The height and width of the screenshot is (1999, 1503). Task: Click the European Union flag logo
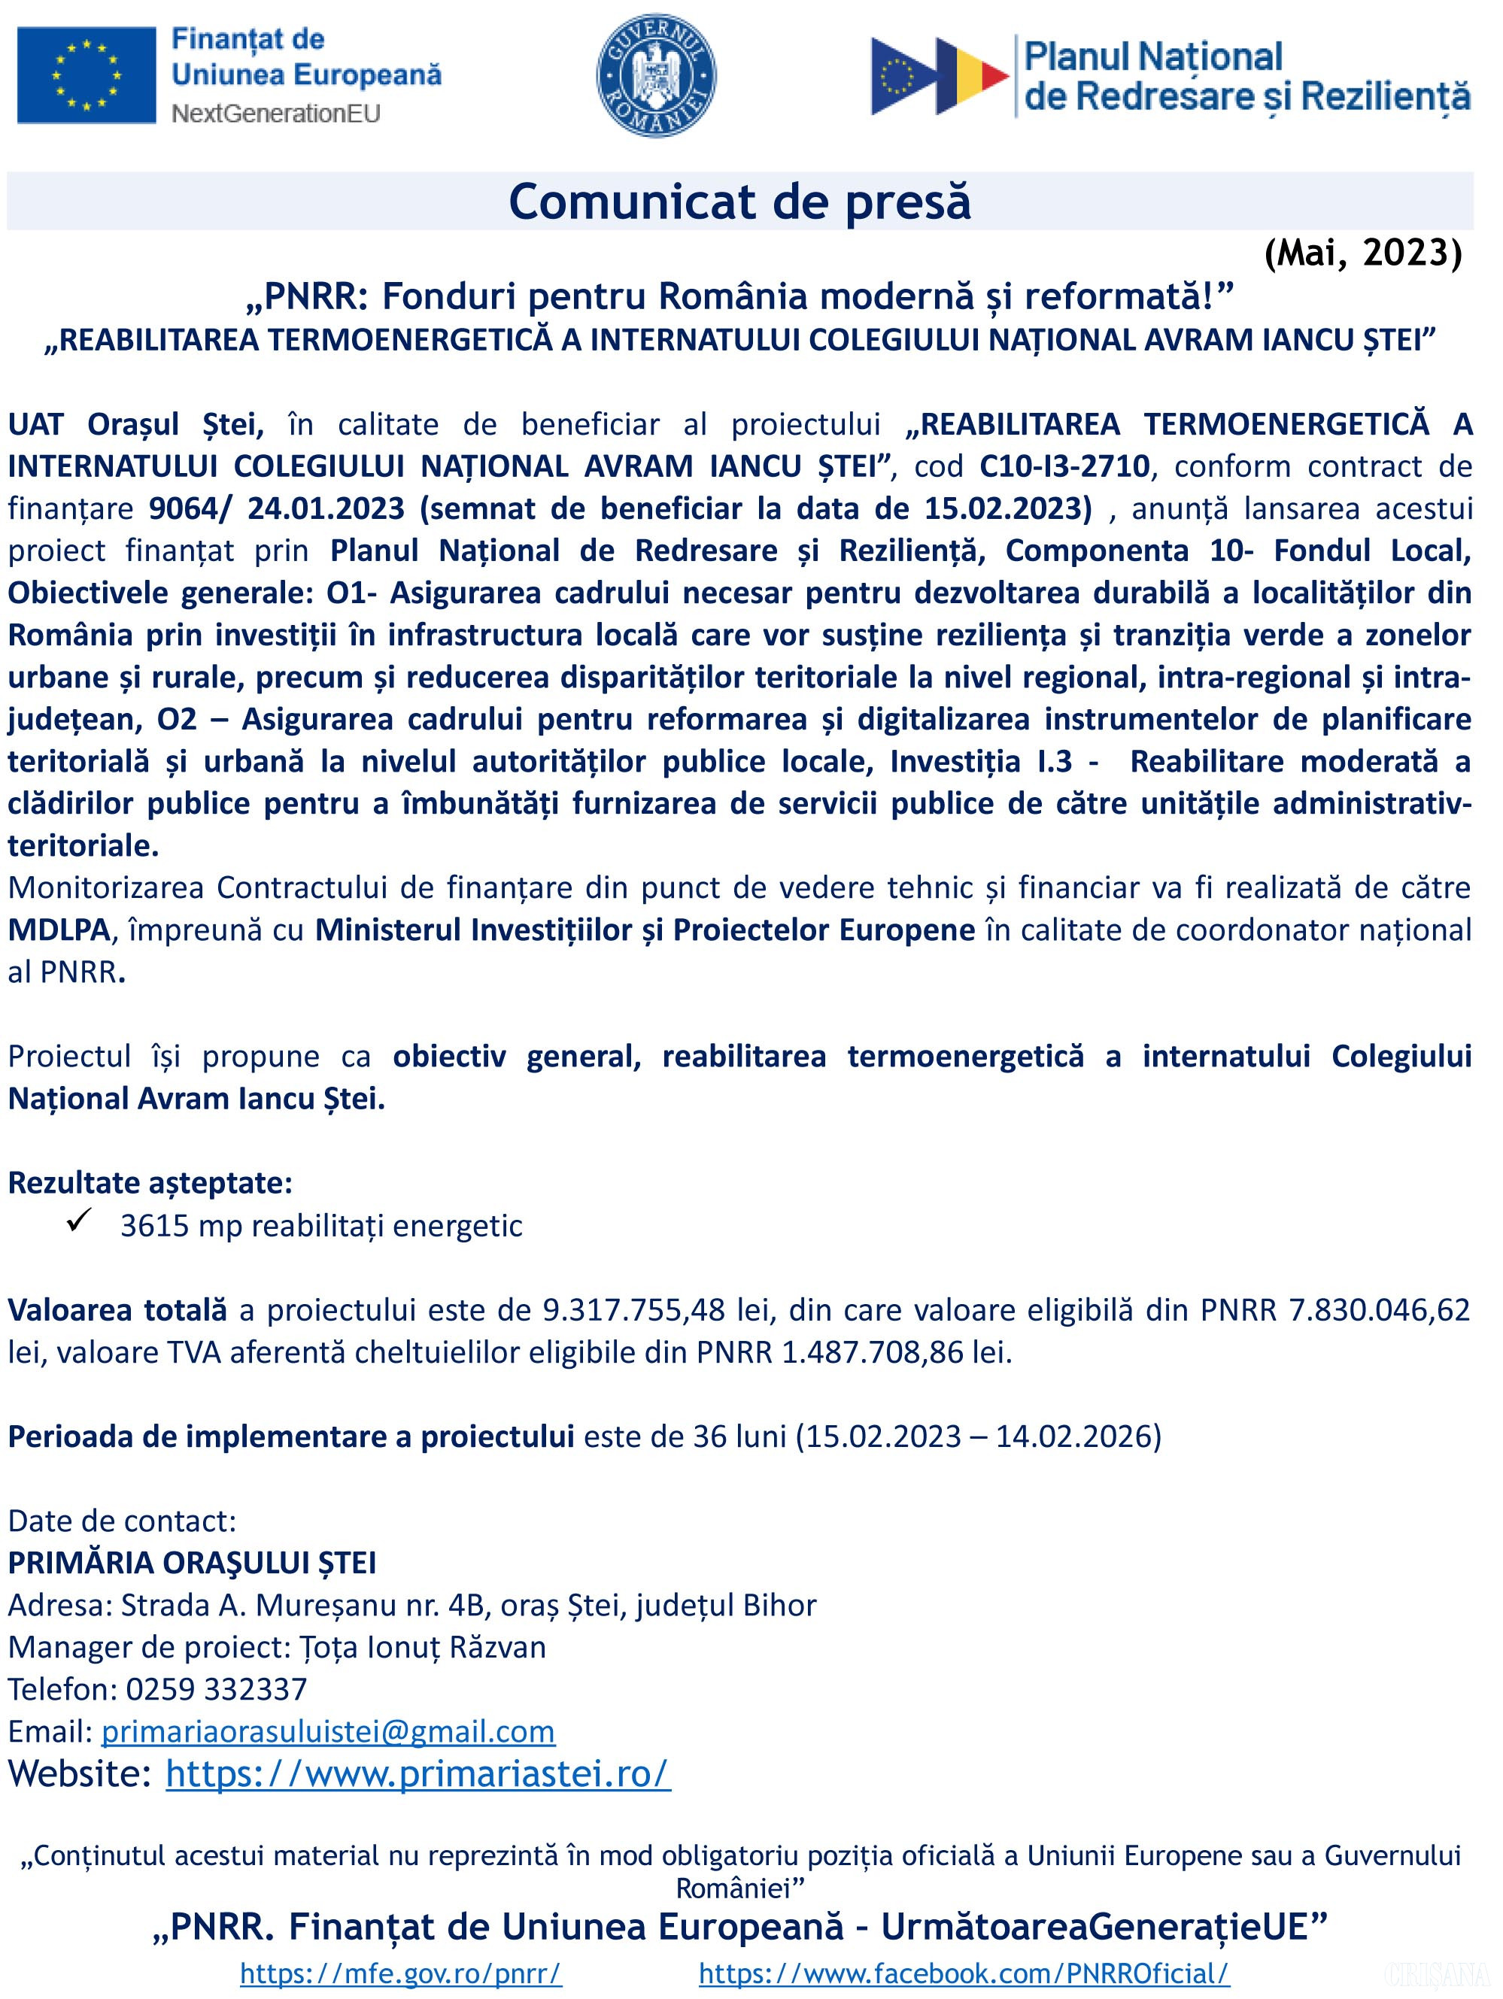click(x=86, y=75)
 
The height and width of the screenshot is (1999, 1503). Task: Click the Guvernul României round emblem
click(x=656, y=75)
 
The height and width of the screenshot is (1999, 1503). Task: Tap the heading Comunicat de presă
click(x=739, y=202)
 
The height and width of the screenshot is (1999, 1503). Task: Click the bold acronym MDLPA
click(x=59, y=930)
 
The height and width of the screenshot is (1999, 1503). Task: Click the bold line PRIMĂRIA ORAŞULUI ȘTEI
click(x=192, y=1563)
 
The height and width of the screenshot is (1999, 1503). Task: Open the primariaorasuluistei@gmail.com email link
click(x=328, y=1731)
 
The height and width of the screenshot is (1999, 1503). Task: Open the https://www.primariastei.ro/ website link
click(x=417, y=1774)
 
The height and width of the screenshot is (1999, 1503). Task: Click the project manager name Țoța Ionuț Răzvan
click(x=422, y=1646)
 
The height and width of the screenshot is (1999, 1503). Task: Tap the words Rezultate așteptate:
click(x=150, y=1183)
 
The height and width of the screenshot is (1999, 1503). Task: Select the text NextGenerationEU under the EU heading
click(x=275, y=113)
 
